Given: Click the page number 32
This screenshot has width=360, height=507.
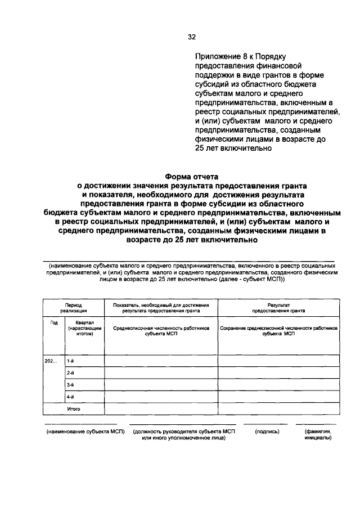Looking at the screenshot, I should tap(191, 38).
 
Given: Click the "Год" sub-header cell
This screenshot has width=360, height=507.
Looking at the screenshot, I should tap(54, 322).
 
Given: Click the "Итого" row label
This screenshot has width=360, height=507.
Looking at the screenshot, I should tap(74, 409).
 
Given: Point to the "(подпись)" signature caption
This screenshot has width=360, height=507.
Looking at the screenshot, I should tap(264, 432).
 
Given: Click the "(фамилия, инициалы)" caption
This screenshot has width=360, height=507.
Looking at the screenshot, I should tap(318, 435).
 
